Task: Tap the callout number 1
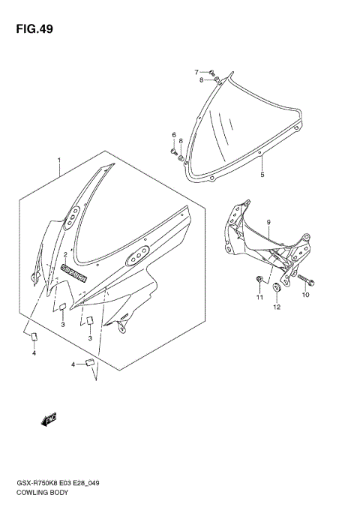click(59, 160)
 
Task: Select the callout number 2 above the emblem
click(65, 254)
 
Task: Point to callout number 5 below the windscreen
click(262, 175)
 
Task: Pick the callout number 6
click(173, 135)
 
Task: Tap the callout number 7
click(197, 72)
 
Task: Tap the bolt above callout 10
click(309, 280)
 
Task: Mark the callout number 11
click(259, 298)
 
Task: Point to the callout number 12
click(277, 306)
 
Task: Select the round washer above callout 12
click(277, 286)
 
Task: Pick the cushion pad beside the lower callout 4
click(90, 364)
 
